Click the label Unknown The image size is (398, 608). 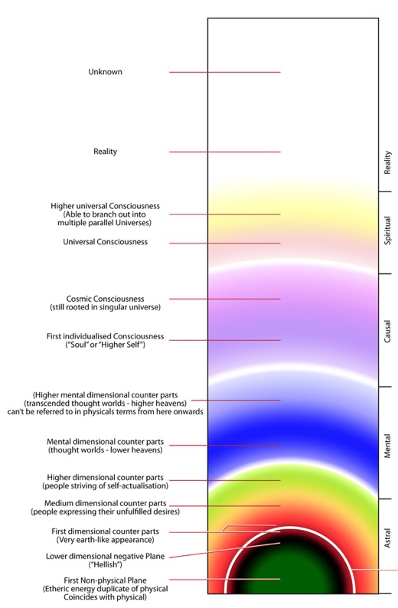click(x=105, y=72)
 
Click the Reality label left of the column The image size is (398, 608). click(x=105, y=152)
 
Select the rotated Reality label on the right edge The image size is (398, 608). click(x=387, y=162)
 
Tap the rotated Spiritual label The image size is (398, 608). click(x=387, y=230)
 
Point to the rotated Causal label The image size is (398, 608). click(x=387, y=331)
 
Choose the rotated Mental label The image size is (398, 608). click(x=387, y=446)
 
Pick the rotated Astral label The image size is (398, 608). click(x=387, y=538)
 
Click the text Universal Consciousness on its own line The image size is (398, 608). click(x=106, y=242)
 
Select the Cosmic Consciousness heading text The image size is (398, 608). click(x=105, y=299)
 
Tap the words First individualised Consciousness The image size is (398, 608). click(x=105, y=336)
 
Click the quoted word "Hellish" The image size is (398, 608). click(x=106, y=564)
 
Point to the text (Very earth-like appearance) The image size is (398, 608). click(x=106, y=540)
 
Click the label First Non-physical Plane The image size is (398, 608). click(x=105, y=580)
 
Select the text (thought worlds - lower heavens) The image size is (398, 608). click(x=106, y=450)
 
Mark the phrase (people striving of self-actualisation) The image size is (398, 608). click(x=106, y=485)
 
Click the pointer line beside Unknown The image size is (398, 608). click(x=225, y=72)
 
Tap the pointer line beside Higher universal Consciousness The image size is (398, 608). click(x=225, y=214)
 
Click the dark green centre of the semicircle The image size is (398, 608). click(x=290, y=574)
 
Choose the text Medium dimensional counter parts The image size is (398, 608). click(x=106, y=503)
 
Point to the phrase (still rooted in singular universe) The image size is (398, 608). click(x=105, y=308)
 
